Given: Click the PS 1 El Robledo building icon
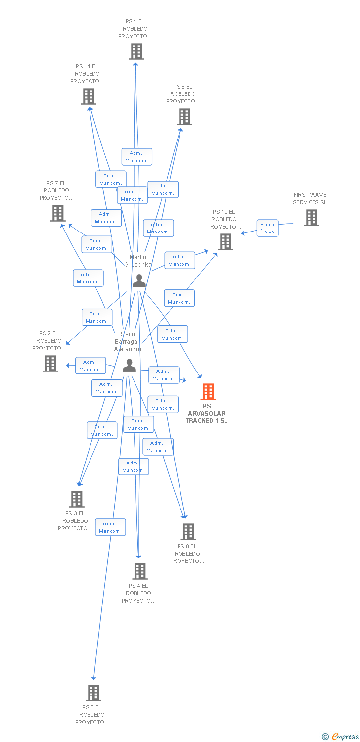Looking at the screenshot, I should tap(136, 51).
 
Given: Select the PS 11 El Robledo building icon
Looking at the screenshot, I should tap(89, 96).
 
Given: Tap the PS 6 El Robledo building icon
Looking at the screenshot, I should tap(184, 117).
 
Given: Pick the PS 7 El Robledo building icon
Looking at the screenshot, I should tap(58, 213).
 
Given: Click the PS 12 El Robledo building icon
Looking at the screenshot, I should tap(225, 242).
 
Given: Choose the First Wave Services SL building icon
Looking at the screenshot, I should tap(311, 218).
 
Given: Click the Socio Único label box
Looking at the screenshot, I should tap(267, 228).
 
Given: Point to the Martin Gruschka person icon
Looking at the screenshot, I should tap(139, 281).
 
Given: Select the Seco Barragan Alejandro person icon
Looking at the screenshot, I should tap(129, 366).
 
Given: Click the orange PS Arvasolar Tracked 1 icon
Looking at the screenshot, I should tap(208, 392).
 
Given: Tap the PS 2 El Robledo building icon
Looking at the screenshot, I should tap(50, 364).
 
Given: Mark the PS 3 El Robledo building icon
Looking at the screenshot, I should tap(77, 499).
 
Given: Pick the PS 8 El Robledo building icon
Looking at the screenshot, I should tap(188, 532).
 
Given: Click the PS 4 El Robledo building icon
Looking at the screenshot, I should tap(139, 571).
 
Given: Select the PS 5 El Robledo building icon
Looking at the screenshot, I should tap(93, 693).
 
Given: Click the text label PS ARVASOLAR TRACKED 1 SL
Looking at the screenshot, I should tap(207, 414).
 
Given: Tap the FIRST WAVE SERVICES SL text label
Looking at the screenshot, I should tap(310, 198).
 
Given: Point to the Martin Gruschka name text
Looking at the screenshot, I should tap(138, 261).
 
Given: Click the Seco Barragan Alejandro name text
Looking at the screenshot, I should tap(128, 342).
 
